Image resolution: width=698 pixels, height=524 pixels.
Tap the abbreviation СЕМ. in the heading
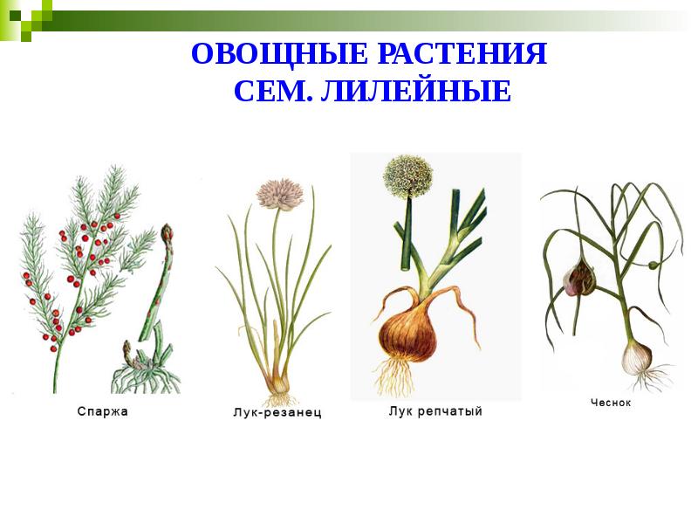point(272,91)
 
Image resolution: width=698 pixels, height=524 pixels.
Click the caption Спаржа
point(102,411)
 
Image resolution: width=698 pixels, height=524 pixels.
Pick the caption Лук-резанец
point(277,412)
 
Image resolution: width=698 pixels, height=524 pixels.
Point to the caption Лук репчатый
point(435,410)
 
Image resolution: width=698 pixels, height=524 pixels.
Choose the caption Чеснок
point(610,403)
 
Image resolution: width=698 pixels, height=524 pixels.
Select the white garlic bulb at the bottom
point(637,356)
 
